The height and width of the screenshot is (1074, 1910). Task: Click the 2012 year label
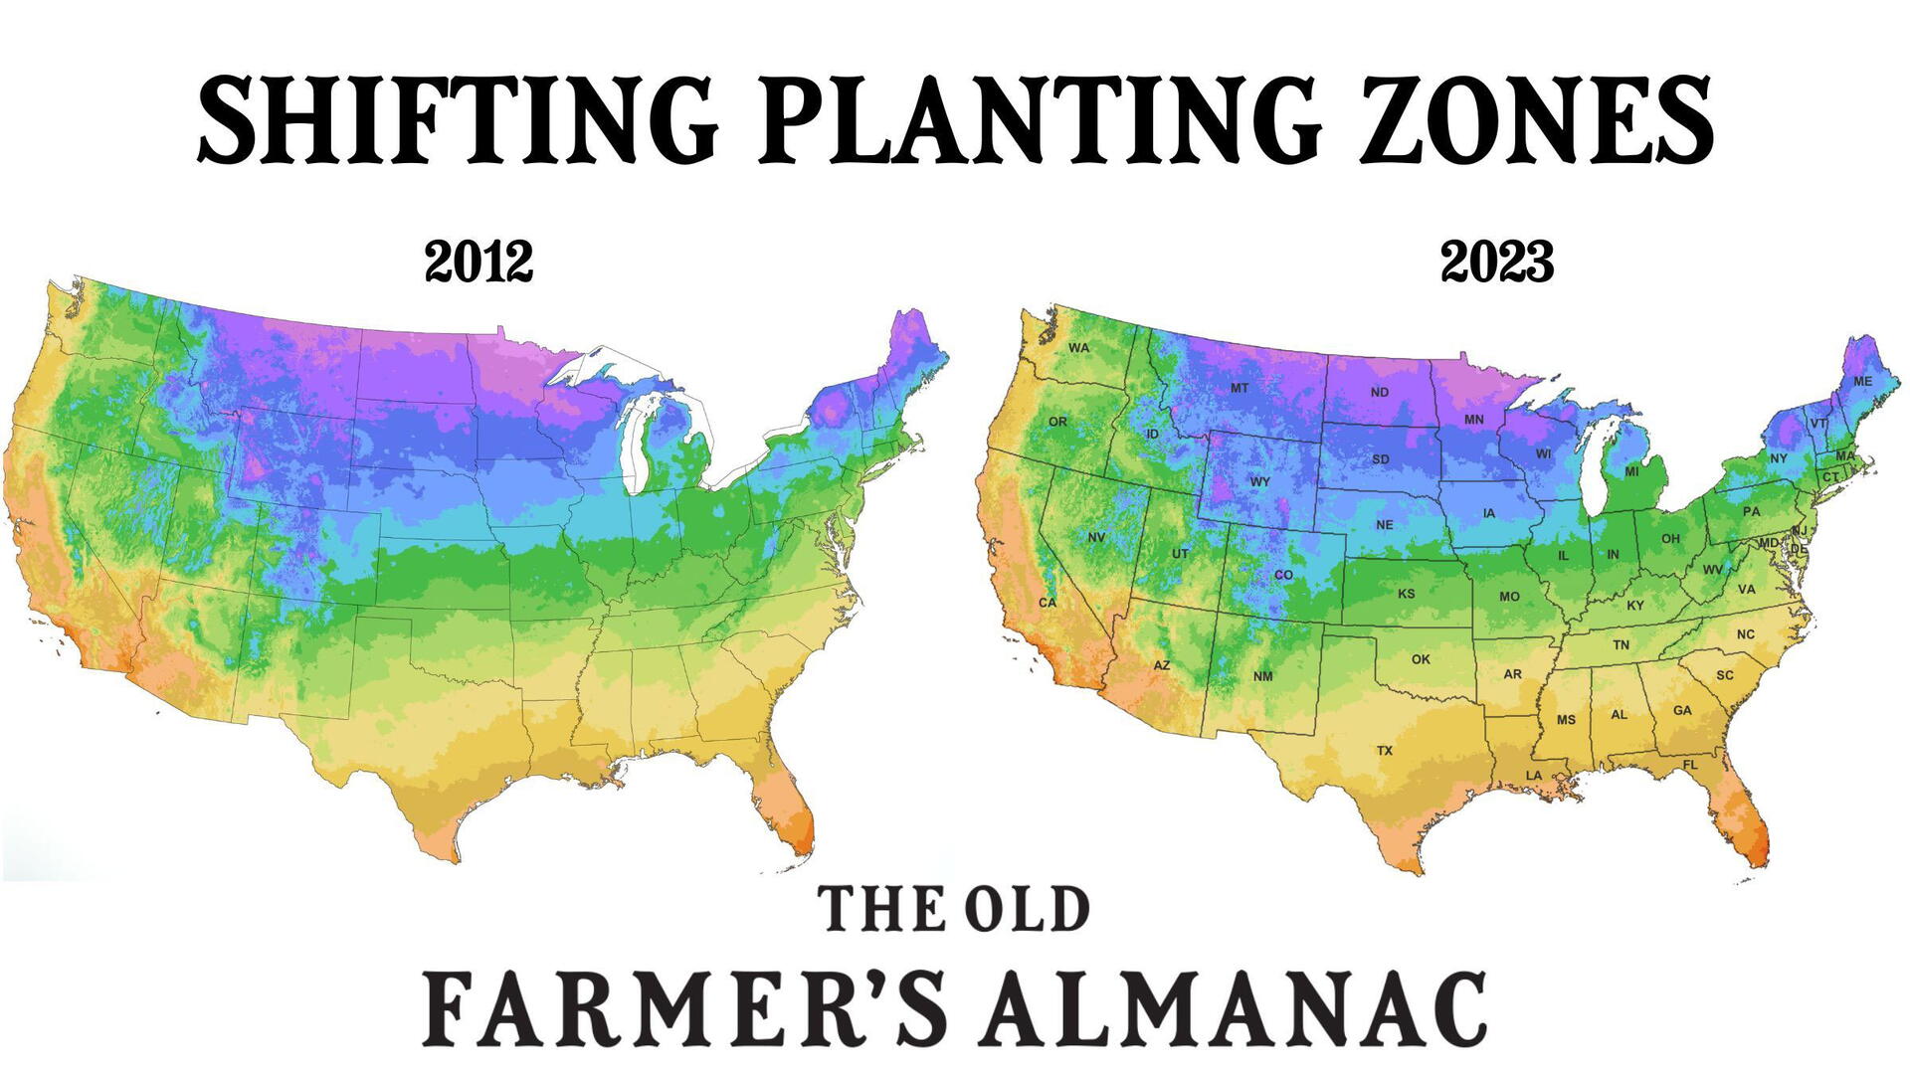[478, 263]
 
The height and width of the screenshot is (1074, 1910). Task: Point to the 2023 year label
[1497, 263]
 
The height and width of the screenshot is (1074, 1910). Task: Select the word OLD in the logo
[1029, 910]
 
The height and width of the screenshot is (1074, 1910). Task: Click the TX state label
[1385, 751]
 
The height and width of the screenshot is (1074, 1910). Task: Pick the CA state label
[1047, 603]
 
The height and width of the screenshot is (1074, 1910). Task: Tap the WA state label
[1079, 348]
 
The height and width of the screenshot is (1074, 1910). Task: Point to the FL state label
[1690, 765]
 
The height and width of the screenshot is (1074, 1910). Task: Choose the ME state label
[1863, 382]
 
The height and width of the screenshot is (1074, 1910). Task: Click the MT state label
[1239, 389]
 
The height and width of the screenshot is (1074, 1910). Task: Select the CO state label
[1283, 575]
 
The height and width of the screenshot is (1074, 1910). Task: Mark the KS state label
[1407, 594]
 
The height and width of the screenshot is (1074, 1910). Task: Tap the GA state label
[1682, 711]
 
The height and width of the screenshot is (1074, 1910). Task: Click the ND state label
[1379, 393]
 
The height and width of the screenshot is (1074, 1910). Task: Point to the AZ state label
[1162, 665]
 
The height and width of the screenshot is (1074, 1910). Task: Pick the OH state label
[1670, 539]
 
